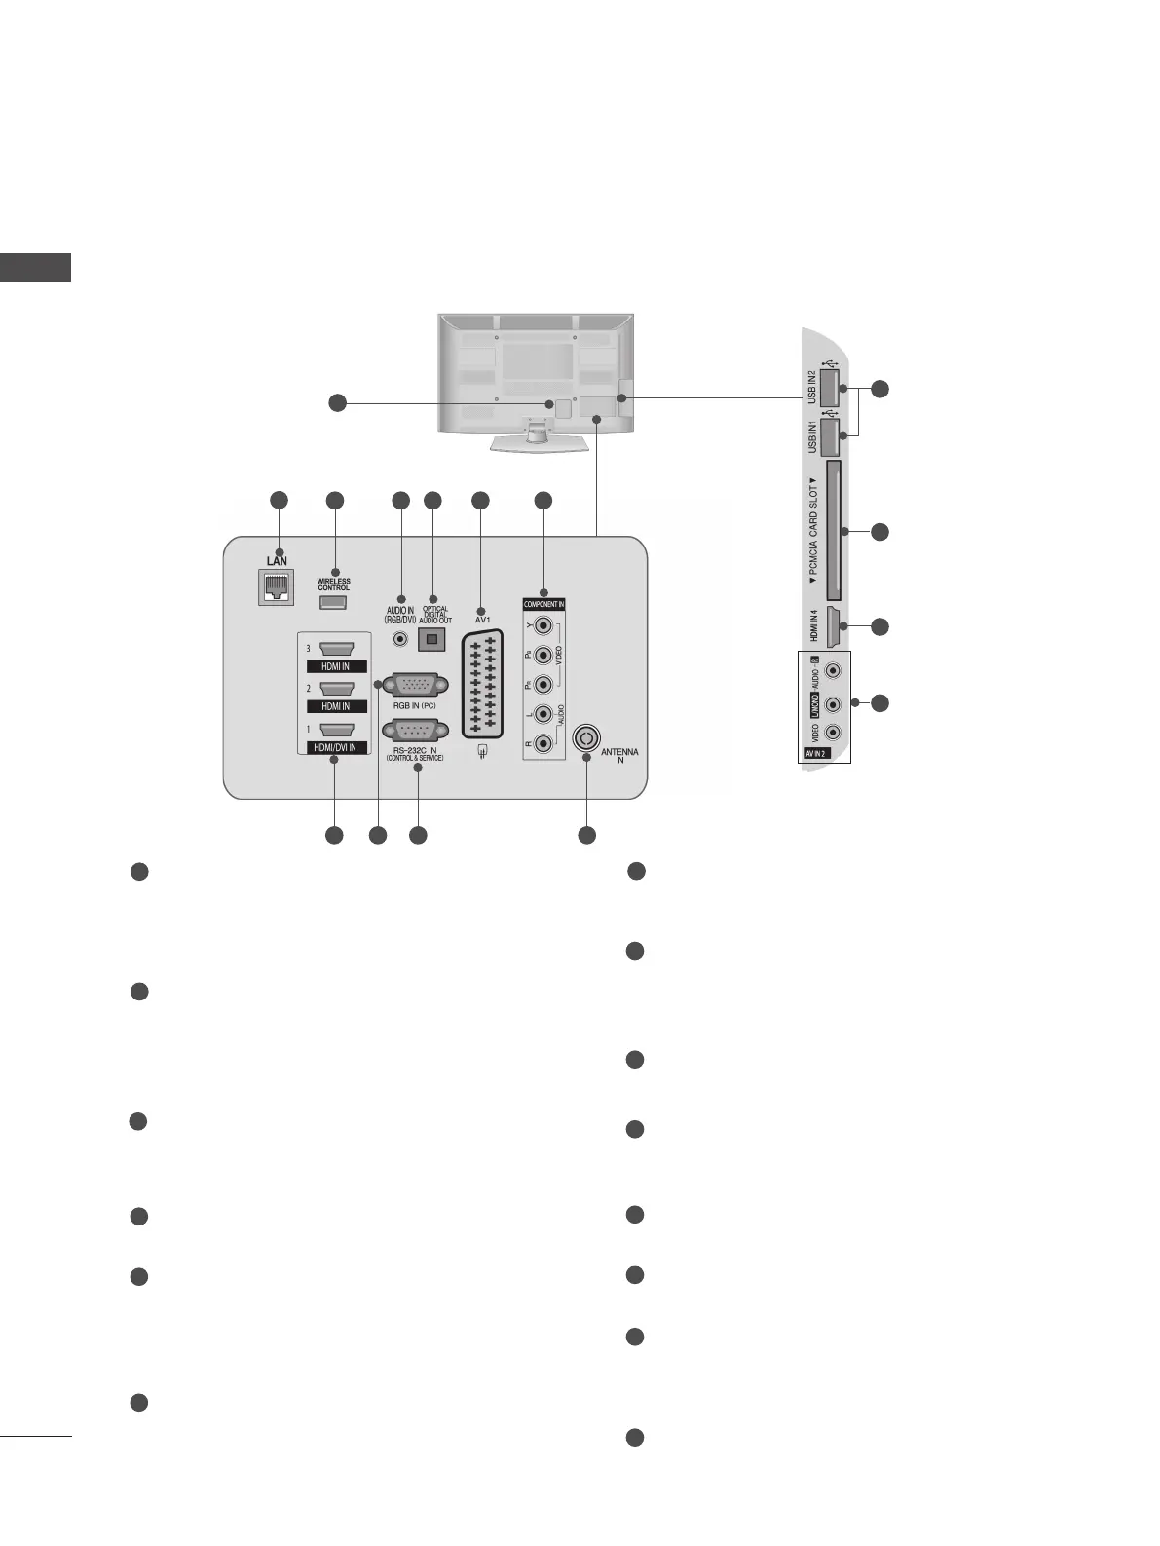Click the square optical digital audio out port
pos(431,639)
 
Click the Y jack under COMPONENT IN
pos(543,625)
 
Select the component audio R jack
pos(543,747)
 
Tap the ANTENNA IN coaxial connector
pos(585,738)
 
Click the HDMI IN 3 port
pos(335,648)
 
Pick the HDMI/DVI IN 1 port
pos(335,729)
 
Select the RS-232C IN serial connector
pos(417,731)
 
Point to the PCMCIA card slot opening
pos(834,531)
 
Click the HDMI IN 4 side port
pos(833,627)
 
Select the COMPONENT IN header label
pos(543,604)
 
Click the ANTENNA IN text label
pos(619,756)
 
